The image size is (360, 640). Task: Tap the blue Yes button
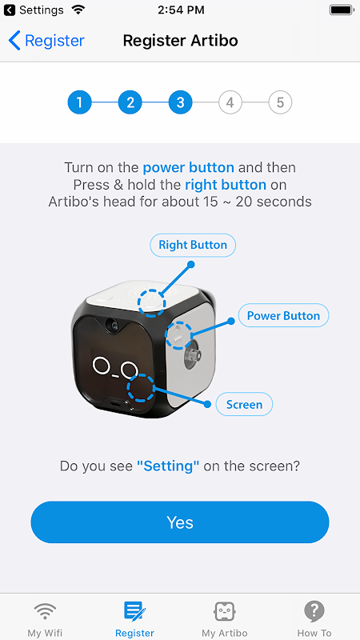click(180, 522)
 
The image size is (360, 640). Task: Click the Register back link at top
click(46, 41)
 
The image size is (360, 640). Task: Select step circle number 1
click(79, 102)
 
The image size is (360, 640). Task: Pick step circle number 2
click(130, 102)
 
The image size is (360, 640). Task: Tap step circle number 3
click(180, 102)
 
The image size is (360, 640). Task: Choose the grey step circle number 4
click(230, 102)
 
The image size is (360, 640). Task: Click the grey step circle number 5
click(281, 102)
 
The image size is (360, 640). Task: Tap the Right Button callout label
click(193, 245)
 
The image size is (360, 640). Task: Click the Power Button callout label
click(284, 315)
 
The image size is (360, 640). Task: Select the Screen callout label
click(244, 404)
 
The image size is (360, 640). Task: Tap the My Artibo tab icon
click(225, 611)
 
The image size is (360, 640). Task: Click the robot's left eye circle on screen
click(101, 366)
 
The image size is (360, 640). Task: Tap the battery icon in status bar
click(342, 10)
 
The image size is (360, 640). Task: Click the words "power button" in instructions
click(189, 167)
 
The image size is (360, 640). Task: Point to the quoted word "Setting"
click(168, 466)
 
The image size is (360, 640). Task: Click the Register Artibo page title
click(181, 41)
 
